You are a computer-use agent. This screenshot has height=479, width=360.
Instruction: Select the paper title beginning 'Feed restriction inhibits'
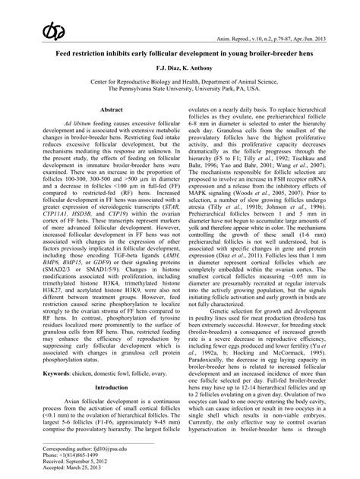179,56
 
